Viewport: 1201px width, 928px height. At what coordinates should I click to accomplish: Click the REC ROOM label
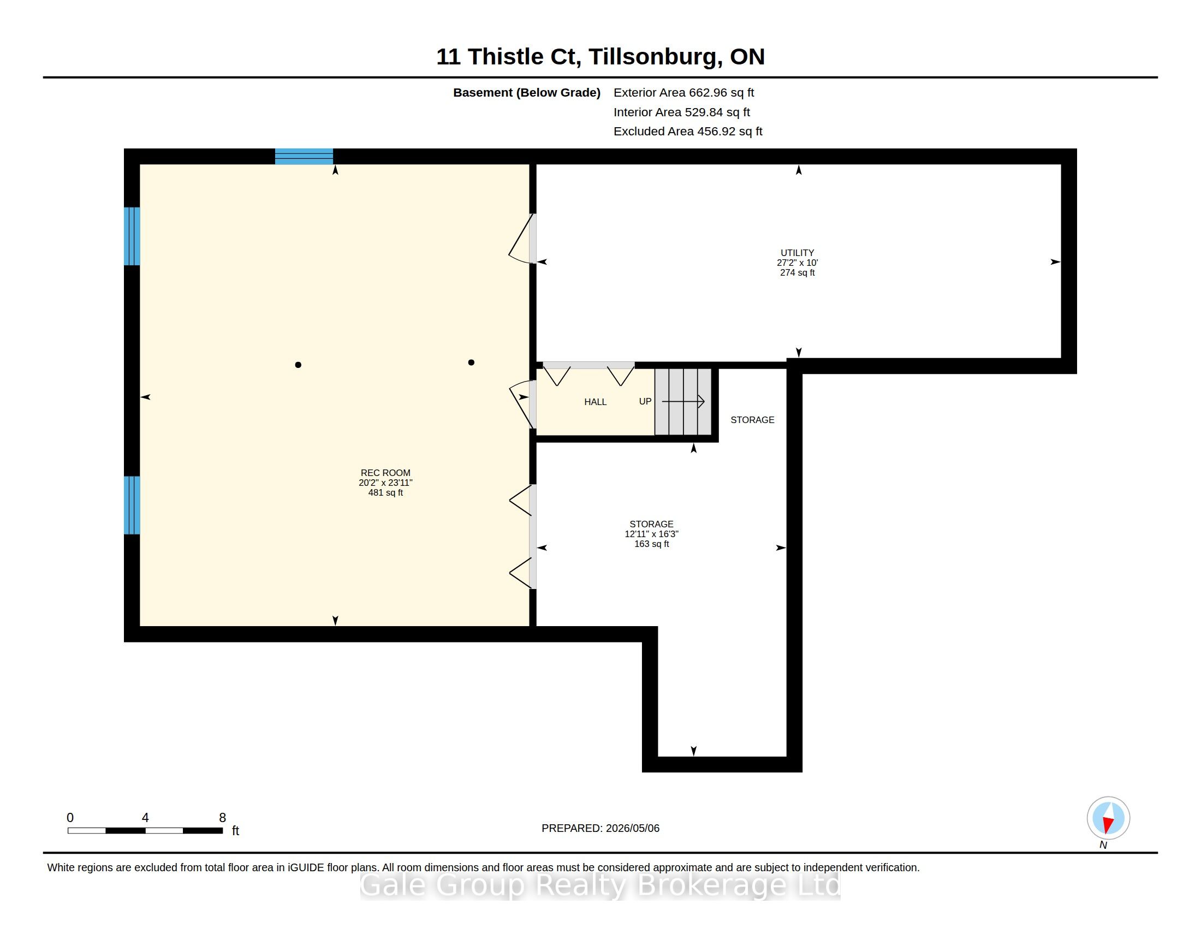[385, 473]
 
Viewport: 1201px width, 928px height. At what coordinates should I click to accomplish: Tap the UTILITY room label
[797, 253]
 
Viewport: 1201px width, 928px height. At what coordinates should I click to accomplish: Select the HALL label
[595, 402]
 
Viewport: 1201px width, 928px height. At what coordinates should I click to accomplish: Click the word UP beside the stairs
[645, 401]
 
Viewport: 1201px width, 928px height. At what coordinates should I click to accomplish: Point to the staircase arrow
[683, 401]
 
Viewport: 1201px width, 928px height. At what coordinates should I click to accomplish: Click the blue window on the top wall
[304, 156]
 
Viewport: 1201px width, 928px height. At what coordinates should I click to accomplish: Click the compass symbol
[1108, 818]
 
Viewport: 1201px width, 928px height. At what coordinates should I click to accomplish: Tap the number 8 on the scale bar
[223, 818]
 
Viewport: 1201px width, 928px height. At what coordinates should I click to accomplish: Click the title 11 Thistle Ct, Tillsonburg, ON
[600, 57]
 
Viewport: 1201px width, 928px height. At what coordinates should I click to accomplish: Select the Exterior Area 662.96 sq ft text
[683, 93]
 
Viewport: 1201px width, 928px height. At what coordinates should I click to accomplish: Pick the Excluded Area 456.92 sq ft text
[688, 132]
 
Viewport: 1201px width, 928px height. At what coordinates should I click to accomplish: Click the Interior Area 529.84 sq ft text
[682, 112]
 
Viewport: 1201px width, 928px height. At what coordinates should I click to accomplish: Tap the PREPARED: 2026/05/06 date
[600, 828]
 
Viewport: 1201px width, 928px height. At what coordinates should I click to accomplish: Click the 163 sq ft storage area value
[652, 544]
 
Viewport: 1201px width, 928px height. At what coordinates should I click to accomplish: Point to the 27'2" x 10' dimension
[798, 263]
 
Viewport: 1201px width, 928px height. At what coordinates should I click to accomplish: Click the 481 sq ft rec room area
[385, 492]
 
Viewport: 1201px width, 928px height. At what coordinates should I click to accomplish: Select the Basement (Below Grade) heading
[527, 93]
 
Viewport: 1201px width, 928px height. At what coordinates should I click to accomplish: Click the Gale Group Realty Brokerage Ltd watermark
[600, 885]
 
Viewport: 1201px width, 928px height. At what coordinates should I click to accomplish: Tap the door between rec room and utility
[522, 239]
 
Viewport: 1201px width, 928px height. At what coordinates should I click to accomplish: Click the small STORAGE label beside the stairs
[752, 420]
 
